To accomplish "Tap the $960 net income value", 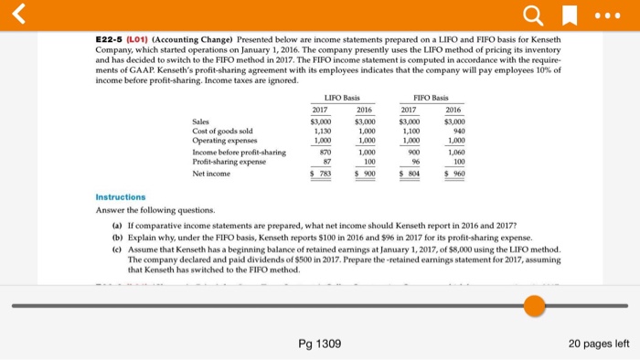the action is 454,173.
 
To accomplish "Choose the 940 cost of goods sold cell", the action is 457,131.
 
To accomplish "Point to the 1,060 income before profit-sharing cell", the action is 454,152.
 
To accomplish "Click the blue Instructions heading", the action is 121,196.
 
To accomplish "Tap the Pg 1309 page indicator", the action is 319,343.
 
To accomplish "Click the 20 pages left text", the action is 598,343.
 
